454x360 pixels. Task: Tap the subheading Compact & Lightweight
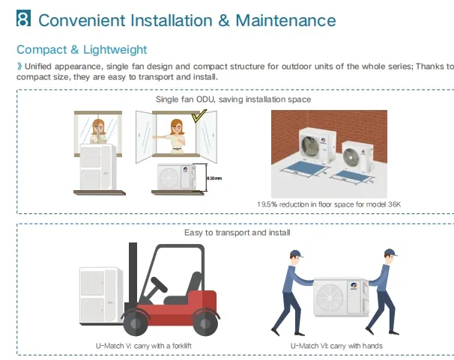pyautogui.click(x=82, y=49)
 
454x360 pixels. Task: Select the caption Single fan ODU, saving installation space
pyautogui.click(x=233, y=99)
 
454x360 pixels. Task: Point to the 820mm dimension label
pyautogui.click(x=214, y=177)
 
